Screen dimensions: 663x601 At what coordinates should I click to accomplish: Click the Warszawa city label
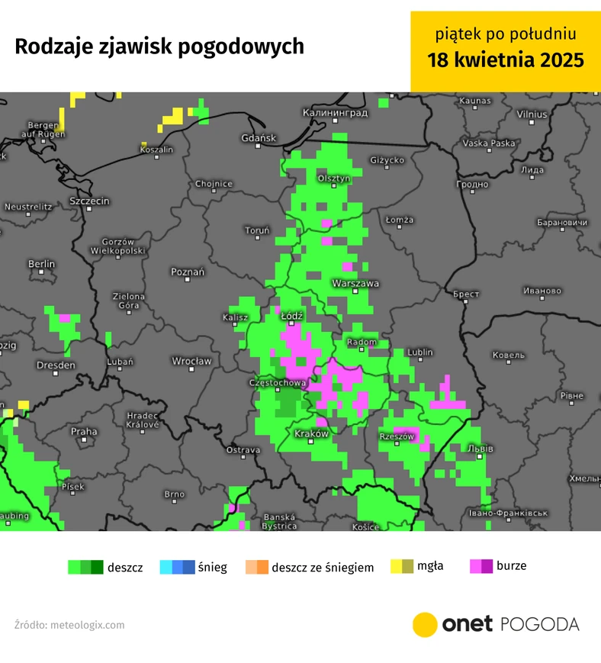click(x=355, y=283)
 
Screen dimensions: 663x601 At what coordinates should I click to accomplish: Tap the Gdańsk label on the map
click(x=257, y=138)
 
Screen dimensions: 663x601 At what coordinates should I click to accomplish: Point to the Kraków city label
click(x=311, y=433)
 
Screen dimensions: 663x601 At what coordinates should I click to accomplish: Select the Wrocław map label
click(x=191, y=361)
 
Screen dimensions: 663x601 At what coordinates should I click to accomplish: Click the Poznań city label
click(x=188, y=272)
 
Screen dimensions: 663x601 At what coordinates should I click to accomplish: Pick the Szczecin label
click(x=89, y=201)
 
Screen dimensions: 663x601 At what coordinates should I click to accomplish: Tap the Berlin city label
click(x=42, y=264)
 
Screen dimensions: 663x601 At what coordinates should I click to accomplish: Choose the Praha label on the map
click(x=84, y=432)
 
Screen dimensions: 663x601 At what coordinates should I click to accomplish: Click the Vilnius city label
click(x=532, y=114)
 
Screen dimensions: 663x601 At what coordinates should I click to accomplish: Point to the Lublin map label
click(x=420, y=352)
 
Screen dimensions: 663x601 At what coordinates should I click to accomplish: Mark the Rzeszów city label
click(x=397, y=436)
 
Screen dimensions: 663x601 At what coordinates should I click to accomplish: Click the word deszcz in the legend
click(x=126, y=568)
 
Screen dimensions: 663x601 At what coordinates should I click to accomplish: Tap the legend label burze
click(x=511, y=566)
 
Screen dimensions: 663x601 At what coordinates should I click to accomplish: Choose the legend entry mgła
click(x=430, y=566)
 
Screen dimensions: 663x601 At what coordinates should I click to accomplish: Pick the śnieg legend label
click(x=212, y=568)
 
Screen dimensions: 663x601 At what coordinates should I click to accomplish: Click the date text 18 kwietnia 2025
click(x=506, y=60)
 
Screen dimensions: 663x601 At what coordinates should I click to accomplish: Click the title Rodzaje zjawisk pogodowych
click(x=159, y=47)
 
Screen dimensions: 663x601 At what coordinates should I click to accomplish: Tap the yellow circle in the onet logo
click(x=425, y=624)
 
